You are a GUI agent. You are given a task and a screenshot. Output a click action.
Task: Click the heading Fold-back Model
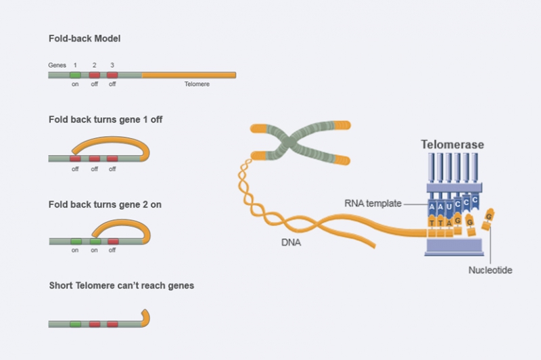click(x=85, y=39)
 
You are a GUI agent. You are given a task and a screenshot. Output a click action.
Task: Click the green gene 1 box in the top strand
click(x=75, y=74)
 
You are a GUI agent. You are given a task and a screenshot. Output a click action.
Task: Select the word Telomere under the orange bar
click(x=197, y=84)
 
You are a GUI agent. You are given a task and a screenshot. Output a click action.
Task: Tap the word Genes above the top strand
click(x=57, y=64)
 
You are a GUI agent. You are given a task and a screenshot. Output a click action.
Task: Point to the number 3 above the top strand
click(x=112, y=64)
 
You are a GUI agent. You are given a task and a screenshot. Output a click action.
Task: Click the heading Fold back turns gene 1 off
click(x=105, y=119)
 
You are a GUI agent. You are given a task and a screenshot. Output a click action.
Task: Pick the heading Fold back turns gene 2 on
click(x=105, y=204)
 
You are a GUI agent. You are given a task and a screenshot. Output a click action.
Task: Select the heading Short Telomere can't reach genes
click(x=121, y=286)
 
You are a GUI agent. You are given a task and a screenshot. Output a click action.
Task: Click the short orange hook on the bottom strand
click(x=145, y=317)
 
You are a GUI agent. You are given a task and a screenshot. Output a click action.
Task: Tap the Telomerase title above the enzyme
click(x=452, y=145)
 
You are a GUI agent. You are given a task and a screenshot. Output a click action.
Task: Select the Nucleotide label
click(x=490, y=270)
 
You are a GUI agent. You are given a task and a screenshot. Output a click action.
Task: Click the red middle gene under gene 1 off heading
click(x=94, y=159)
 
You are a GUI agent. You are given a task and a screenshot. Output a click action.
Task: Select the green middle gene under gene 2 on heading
click(x=95, y=241)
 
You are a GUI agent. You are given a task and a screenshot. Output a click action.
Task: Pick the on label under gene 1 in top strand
click(x=75, y=84)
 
